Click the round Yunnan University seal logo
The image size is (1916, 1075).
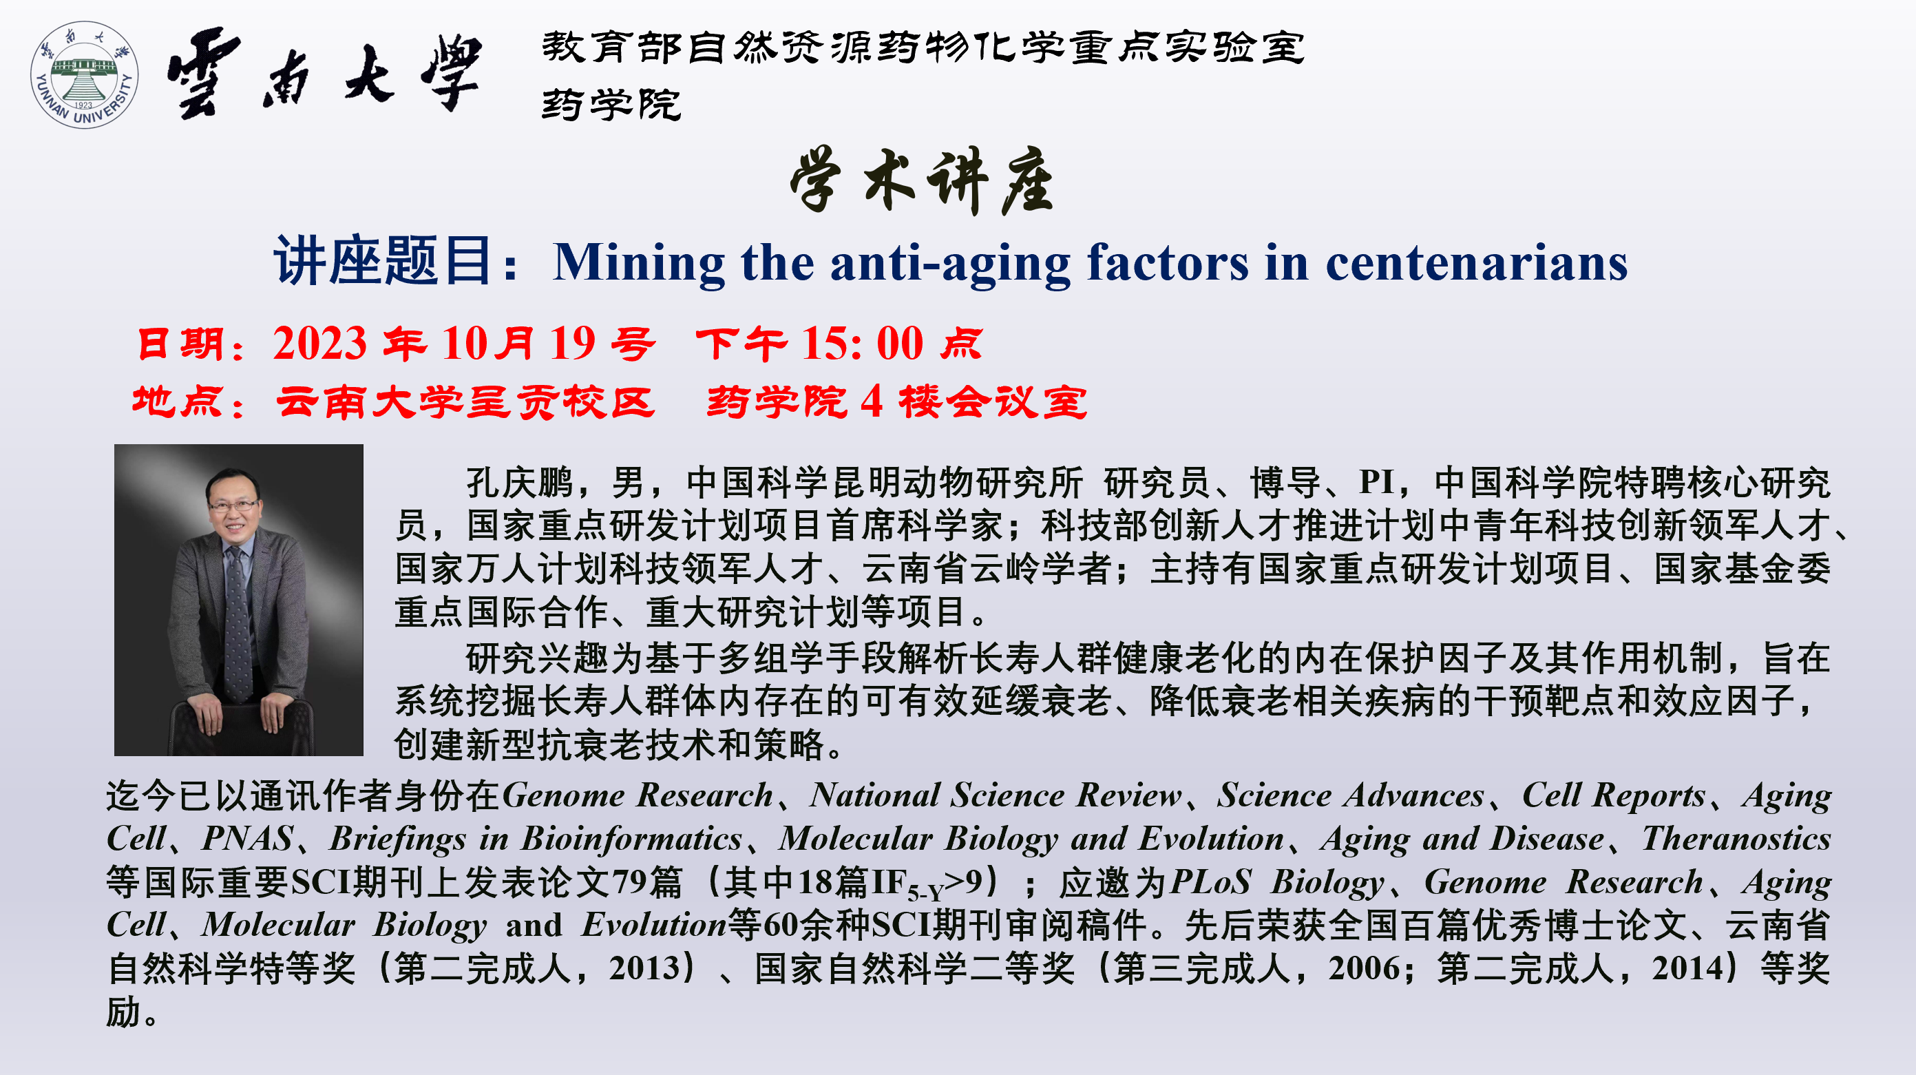pos(84,74)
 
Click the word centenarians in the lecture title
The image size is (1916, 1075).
pos(1477,262)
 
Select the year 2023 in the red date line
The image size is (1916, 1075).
pos(320,344)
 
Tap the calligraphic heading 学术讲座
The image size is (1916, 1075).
pos(922,181)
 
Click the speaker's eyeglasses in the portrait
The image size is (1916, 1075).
pos(233,505)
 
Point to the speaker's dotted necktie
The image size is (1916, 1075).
pos(238,625)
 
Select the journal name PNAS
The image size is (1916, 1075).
pos(247,838)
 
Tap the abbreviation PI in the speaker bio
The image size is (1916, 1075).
pos(1376,482)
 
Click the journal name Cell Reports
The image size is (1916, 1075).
pos(1613,795)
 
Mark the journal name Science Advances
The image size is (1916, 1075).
pos(1350,795)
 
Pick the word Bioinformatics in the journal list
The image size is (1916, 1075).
pos(631,838)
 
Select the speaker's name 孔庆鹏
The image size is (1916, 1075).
pos(519,482)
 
